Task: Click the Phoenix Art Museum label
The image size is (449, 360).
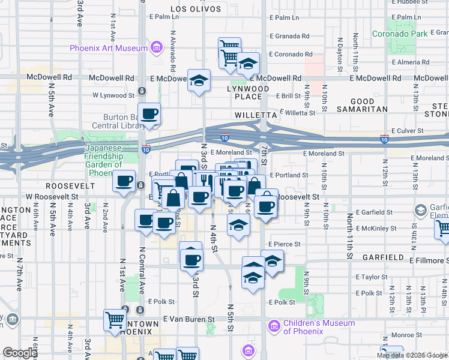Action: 109,48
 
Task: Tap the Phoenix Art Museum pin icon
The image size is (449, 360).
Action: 157,47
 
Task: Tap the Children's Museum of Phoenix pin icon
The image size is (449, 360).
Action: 274,326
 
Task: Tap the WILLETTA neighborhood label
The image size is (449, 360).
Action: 255,113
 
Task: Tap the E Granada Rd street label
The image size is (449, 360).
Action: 289,36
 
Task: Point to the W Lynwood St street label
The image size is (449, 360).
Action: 113,95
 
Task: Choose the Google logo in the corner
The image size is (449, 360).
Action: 20,353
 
